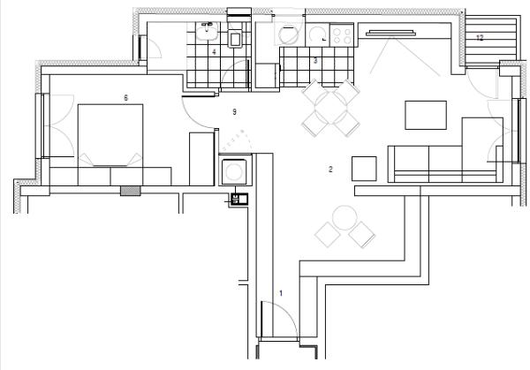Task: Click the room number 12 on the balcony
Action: [480, 37]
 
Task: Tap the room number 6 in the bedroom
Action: [126, 98]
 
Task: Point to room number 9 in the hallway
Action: [235, 112]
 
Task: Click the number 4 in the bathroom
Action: [214, 52]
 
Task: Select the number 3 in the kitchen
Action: [315, 61]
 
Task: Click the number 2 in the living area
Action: [330, 169]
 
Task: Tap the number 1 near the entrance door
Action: [281, 293]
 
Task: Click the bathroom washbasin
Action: [207, 31]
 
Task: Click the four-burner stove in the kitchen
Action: [342, 35]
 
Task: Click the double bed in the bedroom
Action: [110, 135]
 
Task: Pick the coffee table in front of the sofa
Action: [426, 115]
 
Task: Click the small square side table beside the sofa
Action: [364, 169]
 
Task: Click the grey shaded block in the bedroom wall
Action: [131, 191]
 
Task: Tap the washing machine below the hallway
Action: [235, 172]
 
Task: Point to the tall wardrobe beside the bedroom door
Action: [201, 159]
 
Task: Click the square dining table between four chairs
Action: [331, 108]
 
